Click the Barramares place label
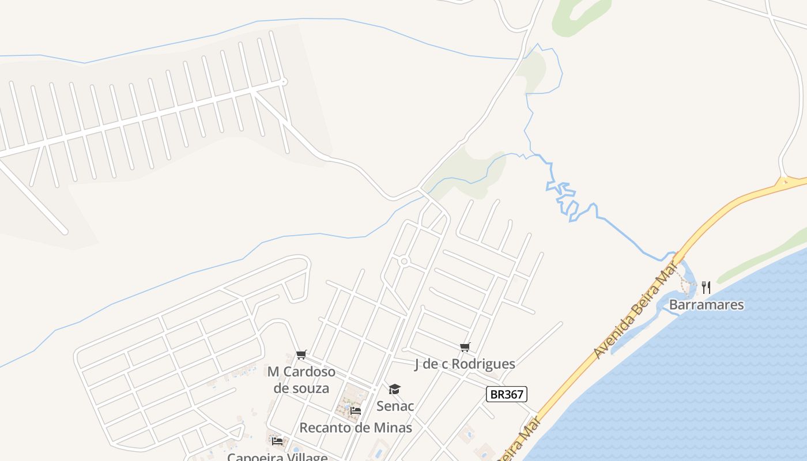click(x=706, y=304)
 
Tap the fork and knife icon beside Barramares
click(x=706, y=287)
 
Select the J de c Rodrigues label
click(x=465, y=364)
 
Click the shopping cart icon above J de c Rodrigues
click(x=465, y=347)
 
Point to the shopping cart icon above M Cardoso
click(x=301, y=354)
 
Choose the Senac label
click(x=395, y=406)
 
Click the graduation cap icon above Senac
click(x=394, y=390)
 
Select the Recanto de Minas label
click(x=356, y=428)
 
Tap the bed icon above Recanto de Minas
click(x=356, y=411)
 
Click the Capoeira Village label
click(x=277, y=457)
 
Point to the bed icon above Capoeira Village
click(x=277, y=441)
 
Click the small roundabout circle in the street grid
click(x=404, y=262)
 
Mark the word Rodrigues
click(x=483, y=364)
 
